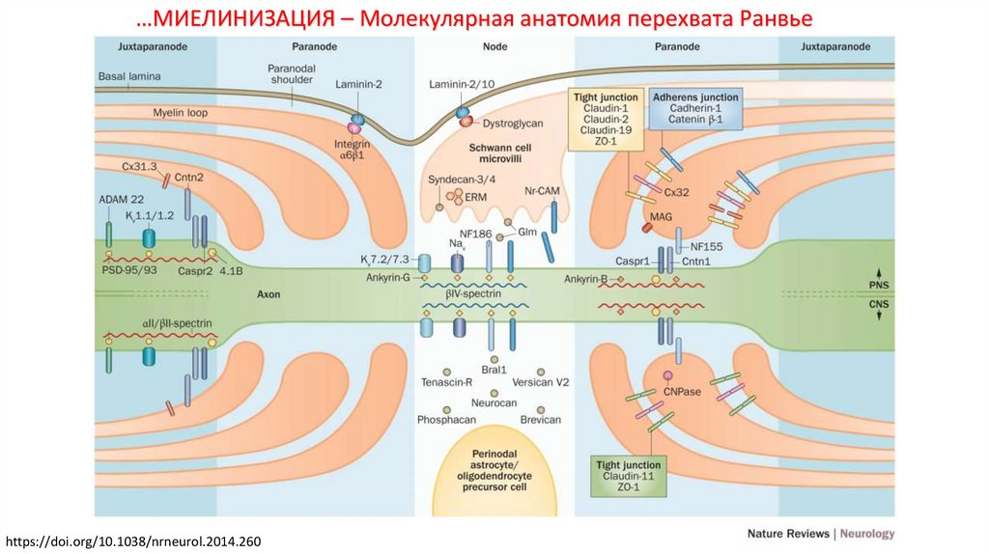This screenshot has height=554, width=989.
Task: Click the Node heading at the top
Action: pos(494,45)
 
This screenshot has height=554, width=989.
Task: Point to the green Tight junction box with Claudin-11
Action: pos(629,476)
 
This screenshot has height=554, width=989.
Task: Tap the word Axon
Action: pos(268,294)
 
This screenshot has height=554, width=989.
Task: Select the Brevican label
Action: pos(539,420)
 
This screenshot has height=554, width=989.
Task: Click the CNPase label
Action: pos(679,391)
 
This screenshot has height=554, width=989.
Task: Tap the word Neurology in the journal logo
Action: pos(867,534)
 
